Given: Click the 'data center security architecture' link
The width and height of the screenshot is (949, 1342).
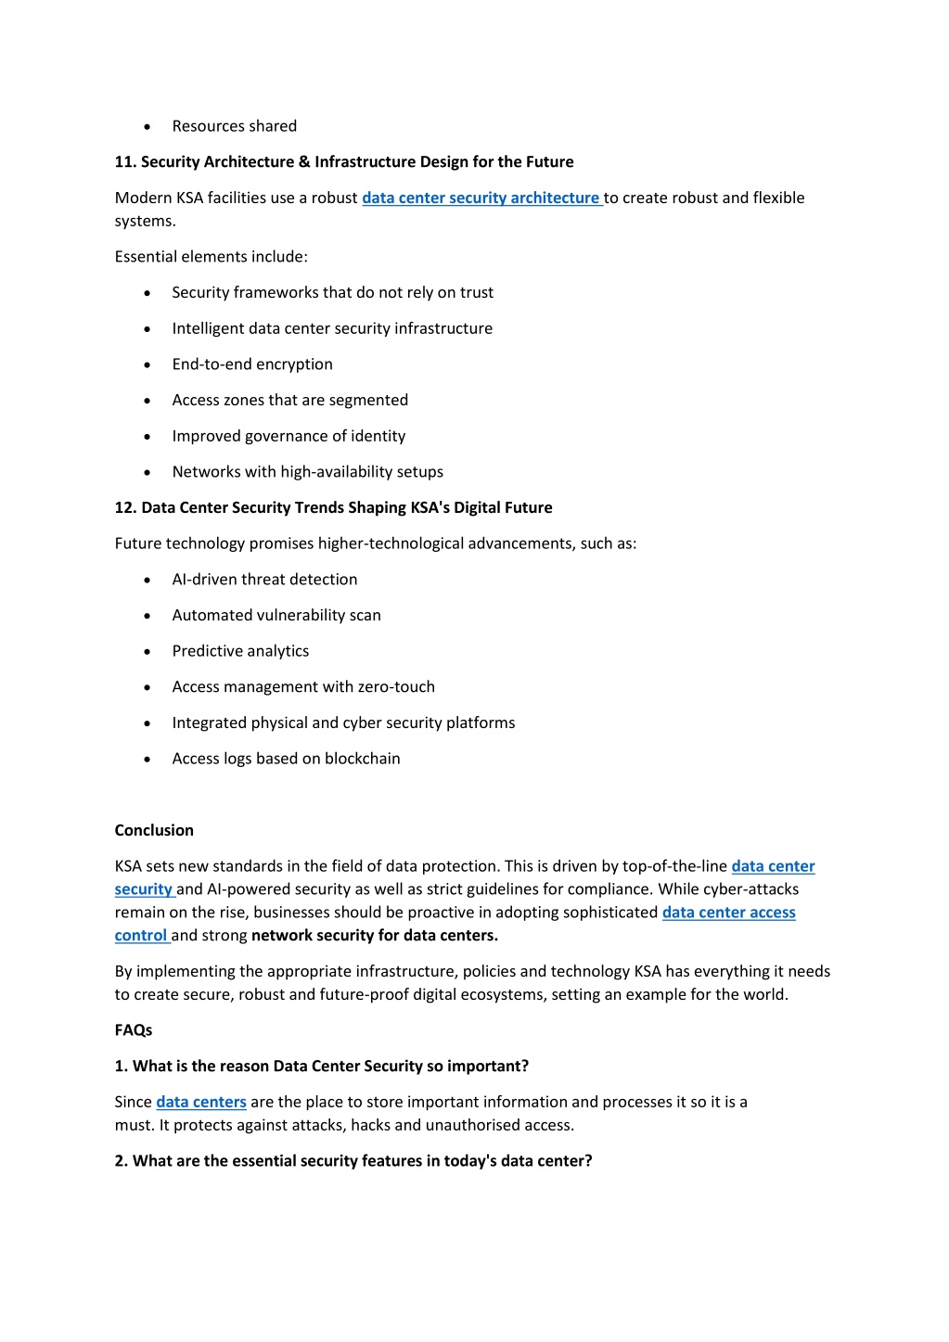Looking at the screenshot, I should click(481, 198).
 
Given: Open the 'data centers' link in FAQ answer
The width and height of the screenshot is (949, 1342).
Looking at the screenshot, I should click(201, 1102).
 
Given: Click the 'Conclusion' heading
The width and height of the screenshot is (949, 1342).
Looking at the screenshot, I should click(154, 830).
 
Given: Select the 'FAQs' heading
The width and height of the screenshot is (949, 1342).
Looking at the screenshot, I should click(134, 1030).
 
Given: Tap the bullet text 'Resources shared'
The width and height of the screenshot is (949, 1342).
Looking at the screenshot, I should click(235, 126).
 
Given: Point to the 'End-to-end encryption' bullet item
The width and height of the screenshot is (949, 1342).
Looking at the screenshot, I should click(252, 364).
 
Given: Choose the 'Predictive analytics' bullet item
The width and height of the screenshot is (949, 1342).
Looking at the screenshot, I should click(240, 651).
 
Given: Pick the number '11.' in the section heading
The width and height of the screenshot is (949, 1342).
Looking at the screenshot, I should click(125, 162).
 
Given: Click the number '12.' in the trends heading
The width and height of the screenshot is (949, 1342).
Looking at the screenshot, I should click(125, 507).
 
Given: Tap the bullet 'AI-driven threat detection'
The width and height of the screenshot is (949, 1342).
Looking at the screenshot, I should click(264, 580).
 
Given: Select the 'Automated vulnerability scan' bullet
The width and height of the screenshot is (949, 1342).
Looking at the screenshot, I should click(276, 616).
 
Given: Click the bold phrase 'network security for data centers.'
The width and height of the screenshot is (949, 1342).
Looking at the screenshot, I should click(375, 936).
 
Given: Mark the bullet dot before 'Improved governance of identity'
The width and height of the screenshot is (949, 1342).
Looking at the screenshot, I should click(147, 437).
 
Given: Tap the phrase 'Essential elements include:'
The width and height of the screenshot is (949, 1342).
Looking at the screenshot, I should click(211, 257).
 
